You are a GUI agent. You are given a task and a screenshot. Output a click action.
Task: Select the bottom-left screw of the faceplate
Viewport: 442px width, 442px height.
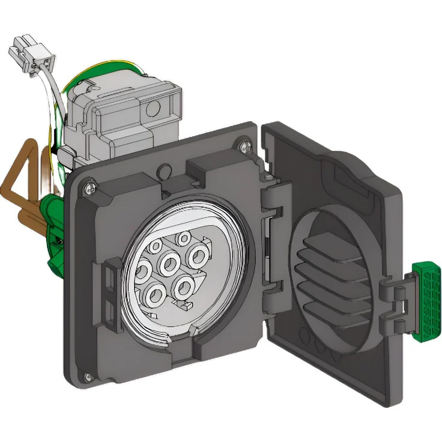point(88,377)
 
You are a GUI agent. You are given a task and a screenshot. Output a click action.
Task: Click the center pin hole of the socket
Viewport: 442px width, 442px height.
point(169,262)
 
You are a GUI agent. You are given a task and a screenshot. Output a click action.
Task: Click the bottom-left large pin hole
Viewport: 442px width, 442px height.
point(155,294)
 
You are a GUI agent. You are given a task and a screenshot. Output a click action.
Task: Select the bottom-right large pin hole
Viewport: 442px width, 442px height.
point(183,286)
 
